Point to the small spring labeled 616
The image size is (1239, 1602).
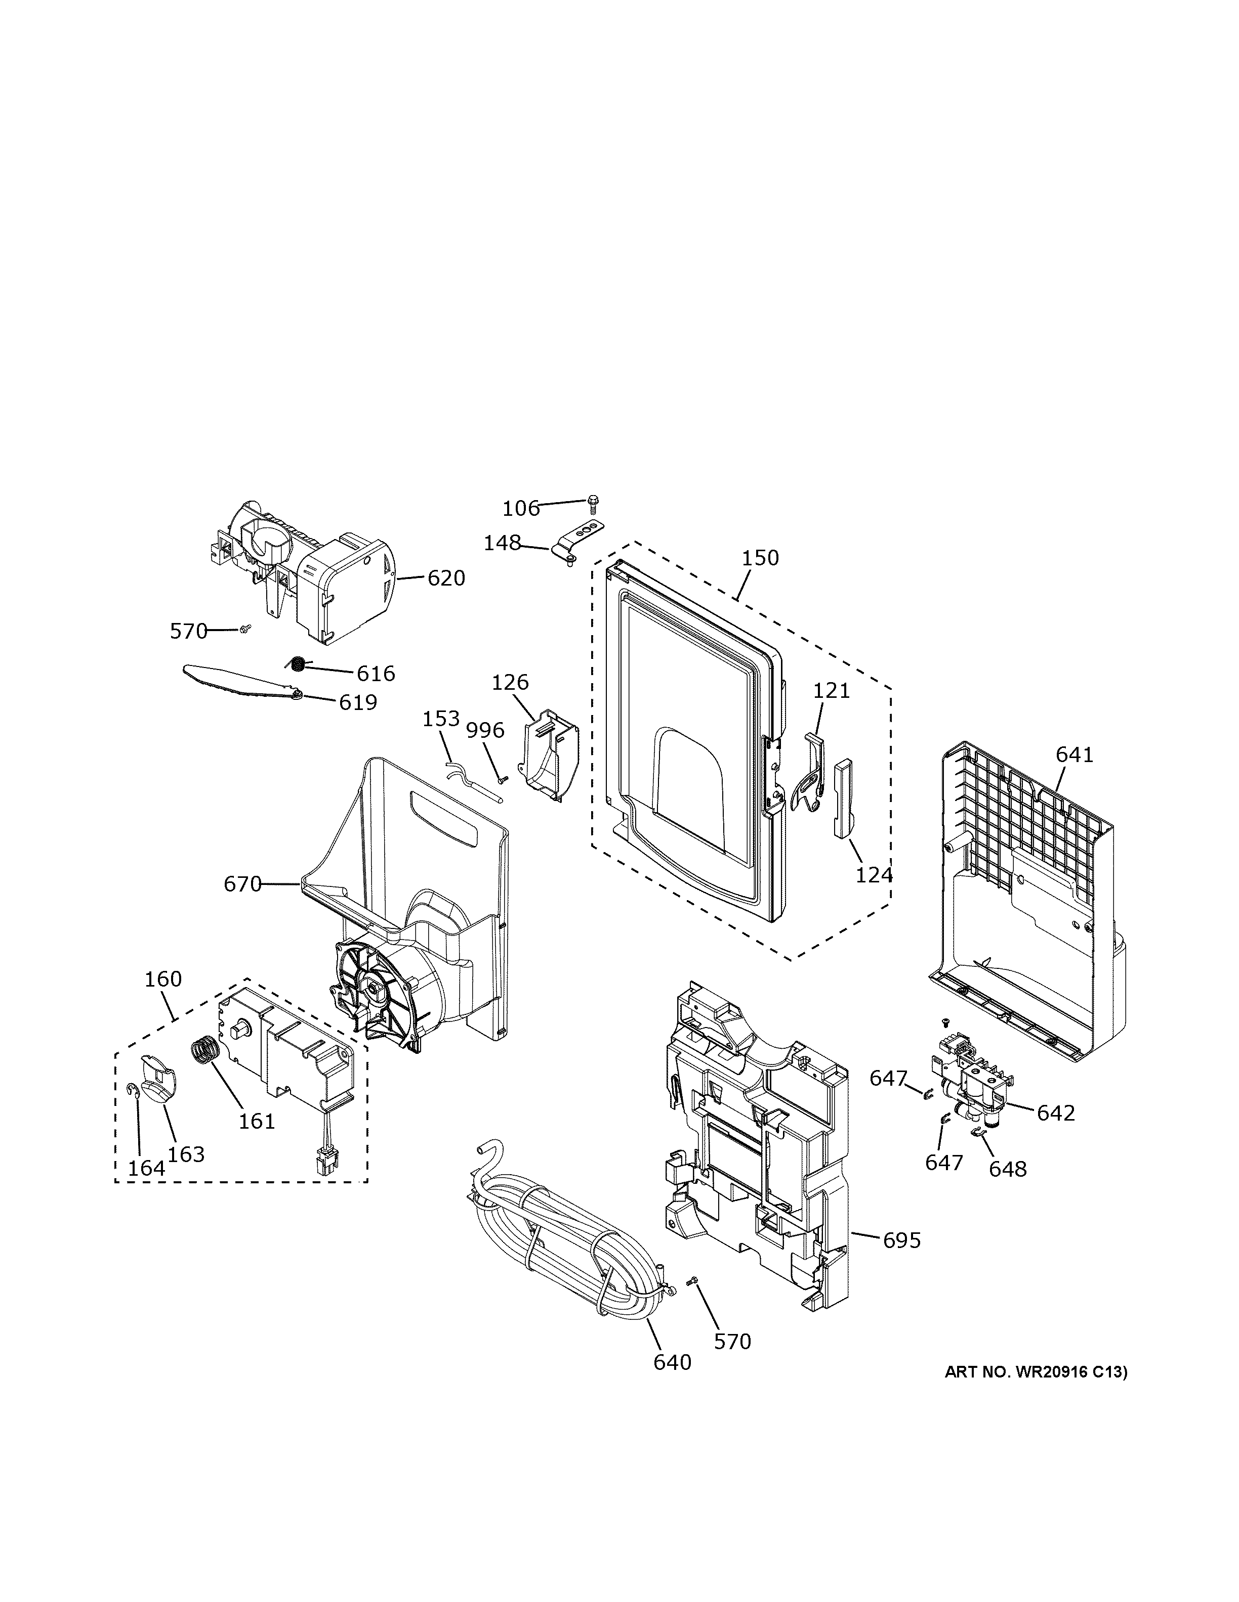pyautogui.click(x=297, y=664)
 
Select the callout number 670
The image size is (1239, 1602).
pyautogui.click(x=242, y=884)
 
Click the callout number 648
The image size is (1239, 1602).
pyautogui.click(x=1007, y=1169)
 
